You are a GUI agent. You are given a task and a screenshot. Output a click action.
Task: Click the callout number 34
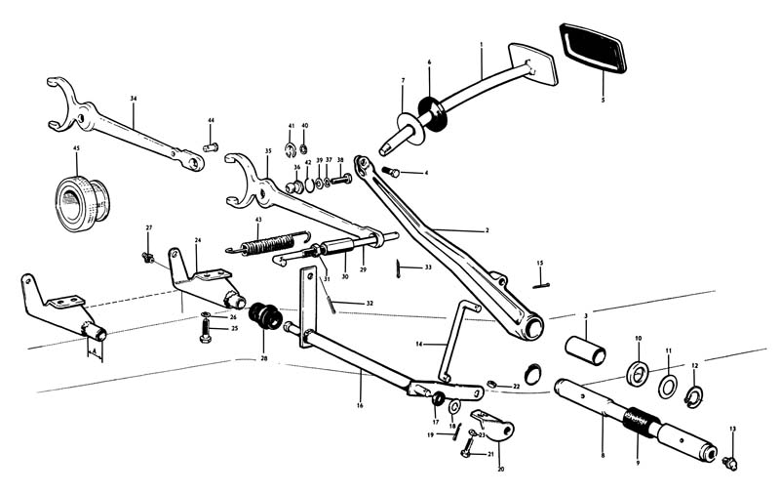click(133, 98)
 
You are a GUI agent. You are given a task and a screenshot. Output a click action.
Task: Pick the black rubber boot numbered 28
click(265, 317)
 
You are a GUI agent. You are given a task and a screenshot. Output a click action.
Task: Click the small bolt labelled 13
click(730, 457)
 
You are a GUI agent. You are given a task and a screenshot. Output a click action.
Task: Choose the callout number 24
click(198, 240)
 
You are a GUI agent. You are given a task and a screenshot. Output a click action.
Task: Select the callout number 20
click(500, 469)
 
